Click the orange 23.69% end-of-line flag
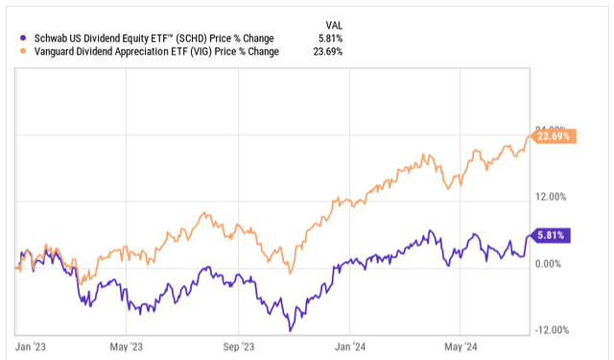pyautogui.click(x=554, y=136)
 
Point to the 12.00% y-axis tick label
pyautogui.click(x=555, y=197)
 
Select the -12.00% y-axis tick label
pyautogui.click(x=554, y=330)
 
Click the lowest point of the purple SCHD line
pyautogui.click(x=291, y=330)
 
